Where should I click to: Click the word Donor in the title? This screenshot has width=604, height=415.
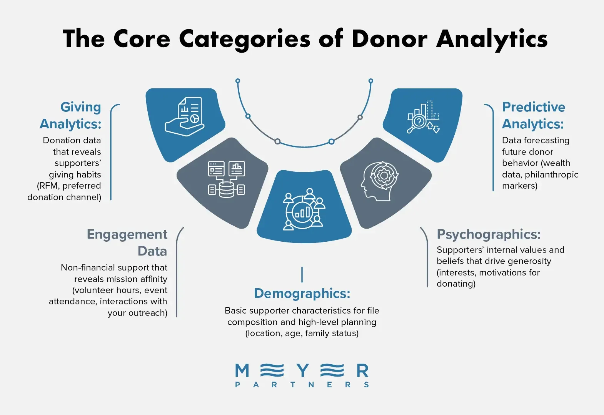click(x=389, y=39)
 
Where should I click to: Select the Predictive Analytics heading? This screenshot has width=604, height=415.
click(x=534, y=115)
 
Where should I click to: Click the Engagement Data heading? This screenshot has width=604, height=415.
click(x=127, y=242)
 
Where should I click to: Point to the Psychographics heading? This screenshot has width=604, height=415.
click(x=489, y=234)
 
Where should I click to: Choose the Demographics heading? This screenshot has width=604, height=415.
click(x=302, y=294)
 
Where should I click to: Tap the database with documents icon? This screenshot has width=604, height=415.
click(x=227, y=179)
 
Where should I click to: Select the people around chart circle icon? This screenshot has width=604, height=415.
click(x=304, y=209)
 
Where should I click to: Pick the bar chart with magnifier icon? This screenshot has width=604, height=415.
click(x=423, y=117)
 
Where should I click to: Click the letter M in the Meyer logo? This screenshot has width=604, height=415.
click(x=242, y=371)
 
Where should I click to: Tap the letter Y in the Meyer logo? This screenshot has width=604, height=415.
click(x=303, y=371)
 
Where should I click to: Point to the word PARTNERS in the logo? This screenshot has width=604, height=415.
click(x=302, y=385)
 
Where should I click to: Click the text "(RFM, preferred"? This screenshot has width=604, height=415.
click(x=69, y=186)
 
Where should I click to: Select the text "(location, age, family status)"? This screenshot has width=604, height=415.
click(x=302, y=334)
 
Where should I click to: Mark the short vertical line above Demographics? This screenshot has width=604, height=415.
click(x=302, y=274)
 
